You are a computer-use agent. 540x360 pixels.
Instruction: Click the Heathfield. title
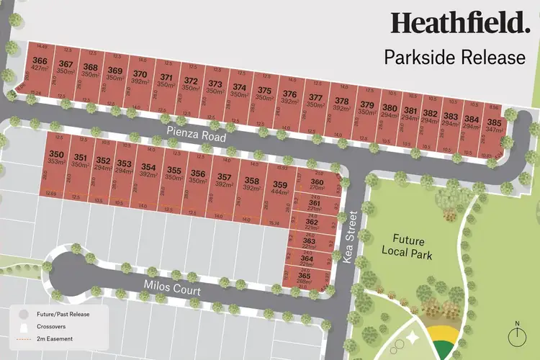pos(460,22)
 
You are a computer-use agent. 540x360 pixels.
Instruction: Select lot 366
pos(41,65)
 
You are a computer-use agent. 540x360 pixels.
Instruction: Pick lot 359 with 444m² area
pos(280,189)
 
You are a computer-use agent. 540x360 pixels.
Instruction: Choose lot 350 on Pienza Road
pos(56,159)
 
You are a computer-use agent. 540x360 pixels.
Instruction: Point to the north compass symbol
pos(516,335)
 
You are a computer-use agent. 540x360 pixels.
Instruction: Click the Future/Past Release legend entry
pos(58,314)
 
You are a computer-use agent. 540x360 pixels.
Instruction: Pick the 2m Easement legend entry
pos(50,338)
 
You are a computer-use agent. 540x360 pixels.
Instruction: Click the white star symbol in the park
pos(413,336)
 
